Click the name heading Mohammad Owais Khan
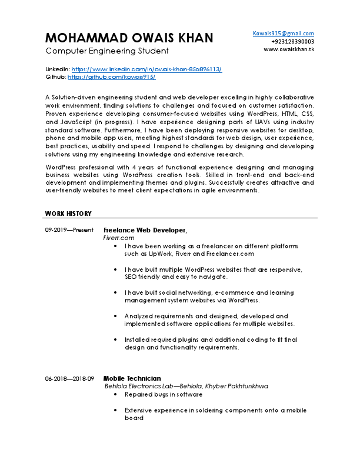pos(129,38)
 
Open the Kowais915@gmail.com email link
pos(283,34)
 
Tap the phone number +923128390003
pos(292,42)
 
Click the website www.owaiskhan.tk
pos(288,50)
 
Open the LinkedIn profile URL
pos(146,69)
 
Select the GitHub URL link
pos(111,77)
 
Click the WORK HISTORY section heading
pos(68,213)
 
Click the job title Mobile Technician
pos(132,378)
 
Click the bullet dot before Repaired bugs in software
pos(115,395)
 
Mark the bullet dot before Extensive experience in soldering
pos(115,410)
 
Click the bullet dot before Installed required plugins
pos(115,339)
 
